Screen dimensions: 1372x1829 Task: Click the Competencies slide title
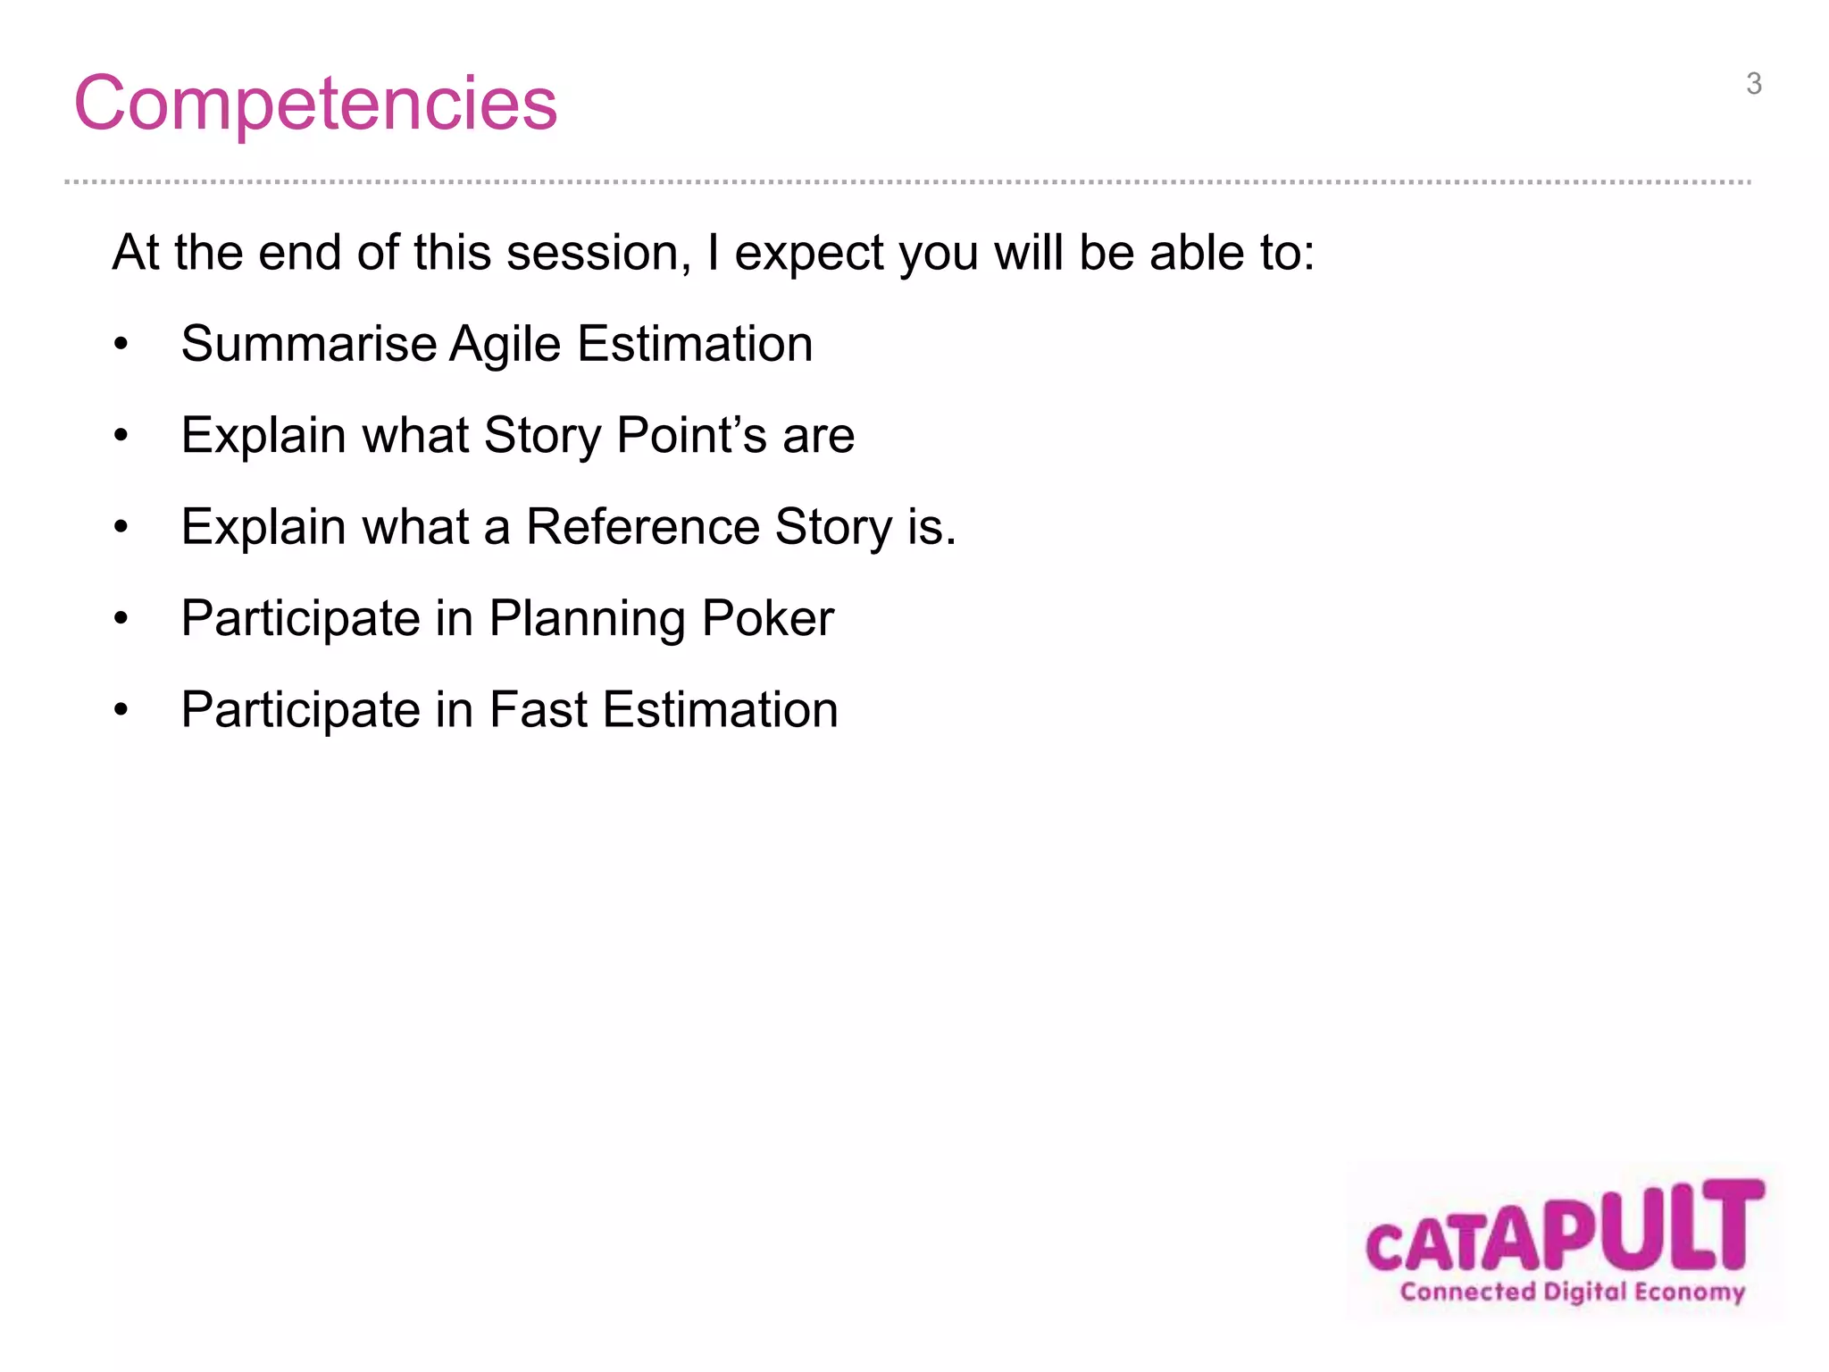(x=315, y=104)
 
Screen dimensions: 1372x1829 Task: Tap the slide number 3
(x=1753, y=84)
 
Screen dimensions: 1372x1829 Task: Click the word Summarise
(x=308, y=344)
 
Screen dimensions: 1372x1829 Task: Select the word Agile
(x=505, y=344)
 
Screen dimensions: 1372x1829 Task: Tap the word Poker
(x=767, y=618)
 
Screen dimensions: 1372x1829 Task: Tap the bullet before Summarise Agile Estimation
(x=121, y=345)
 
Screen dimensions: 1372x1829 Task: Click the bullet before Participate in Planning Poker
(x=121, y=619)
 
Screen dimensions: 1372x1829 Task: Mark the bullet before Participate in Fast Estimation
(x=121, y=711)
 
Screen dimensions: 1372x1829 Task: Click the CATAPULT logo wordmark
(x=1565, y=1228)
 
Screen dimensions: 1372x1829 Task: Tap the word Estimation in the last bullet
(x=721, y=710)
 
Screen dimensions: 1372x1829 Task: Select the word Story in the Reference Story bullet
(x=833, y=527)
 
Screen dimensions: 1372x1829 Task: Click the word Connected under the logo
(x=1467, y=1292)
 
